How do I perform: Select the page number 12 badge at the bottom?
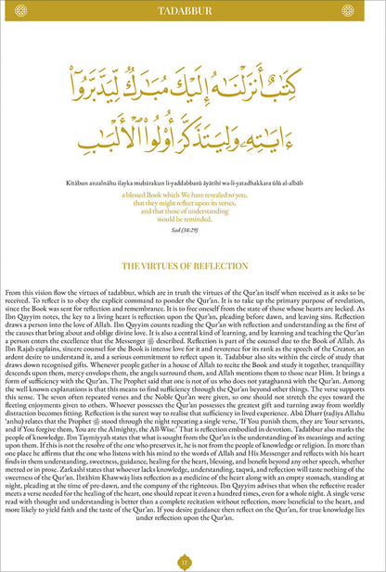(193, 560)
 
